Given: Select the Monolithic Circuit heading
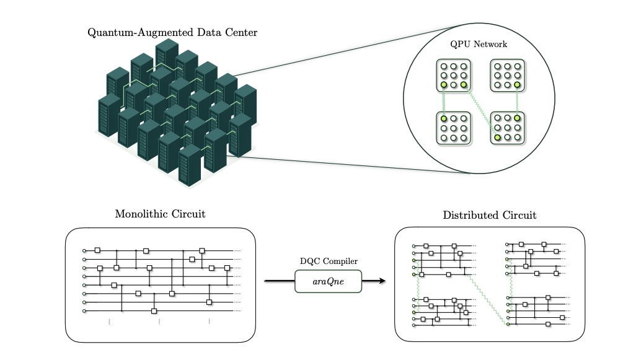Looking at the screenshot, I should [160, 214].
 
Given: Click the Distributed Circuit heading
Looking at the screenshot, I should [490, 216].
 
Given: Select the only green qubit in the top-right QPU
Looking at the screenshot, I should [516, 85].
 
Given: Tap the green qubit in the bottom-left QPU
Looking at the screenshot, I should [444, 116].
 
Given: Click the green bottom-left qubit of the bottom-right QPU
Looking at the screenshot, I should [497, 136].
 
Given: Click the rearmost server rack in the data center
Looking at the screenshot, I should [167, 54].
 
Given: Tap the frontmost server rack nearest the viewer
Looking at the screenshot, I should [190, 164].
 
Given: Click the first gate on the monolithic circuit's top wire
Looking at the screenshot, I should [97, 250].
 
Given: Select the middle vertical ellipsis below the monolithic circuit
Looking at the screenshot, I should [159, 322].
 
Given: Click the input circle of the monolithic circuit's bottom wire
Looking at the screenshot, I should [84, 311].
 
